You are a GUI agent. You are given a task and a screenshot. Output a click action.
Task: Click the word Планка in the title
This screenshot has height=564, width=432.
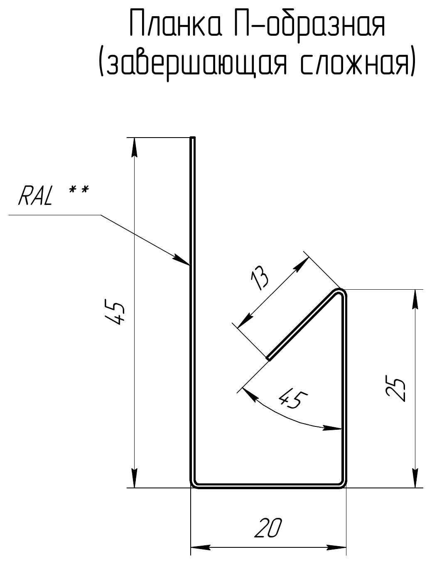(176, 26)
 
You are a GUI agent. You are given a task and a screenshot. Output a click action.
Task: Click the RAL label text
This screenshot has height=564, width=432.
(35, 196)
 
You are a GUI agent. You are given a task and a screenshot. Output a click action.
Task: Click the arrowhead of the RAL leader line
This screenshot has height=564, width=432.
(181, 260)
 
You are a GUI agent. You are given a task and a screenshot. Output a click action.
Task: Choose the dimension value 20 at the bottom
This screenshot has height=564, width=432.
(268, 528)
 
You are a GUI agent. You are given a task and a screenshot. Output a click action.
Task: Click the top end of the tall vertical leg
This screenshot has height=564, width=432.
(193, 138)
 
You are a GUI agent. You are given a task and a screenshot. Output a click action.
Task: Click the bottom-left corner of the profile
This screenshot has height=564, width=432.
(191, 487)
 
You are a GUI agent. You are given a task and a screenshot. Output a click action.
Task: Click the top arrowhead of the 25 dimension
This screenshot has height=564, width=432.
(415, 299)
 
